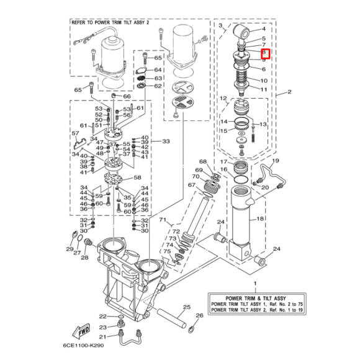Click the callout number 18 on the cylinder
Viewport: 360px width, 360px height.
260,219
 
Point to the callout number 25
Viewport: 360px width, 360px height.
186,307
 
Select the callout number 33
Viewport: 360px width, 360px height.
164,142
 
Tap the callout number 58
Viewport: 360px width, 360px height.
137,178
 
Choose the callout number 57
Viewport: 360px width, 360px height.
76,133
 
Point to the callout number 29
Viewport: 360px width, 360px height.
70,249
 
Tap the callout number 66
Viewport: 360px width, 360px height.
127,96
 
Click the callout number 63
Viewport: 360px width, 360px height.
158,78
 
